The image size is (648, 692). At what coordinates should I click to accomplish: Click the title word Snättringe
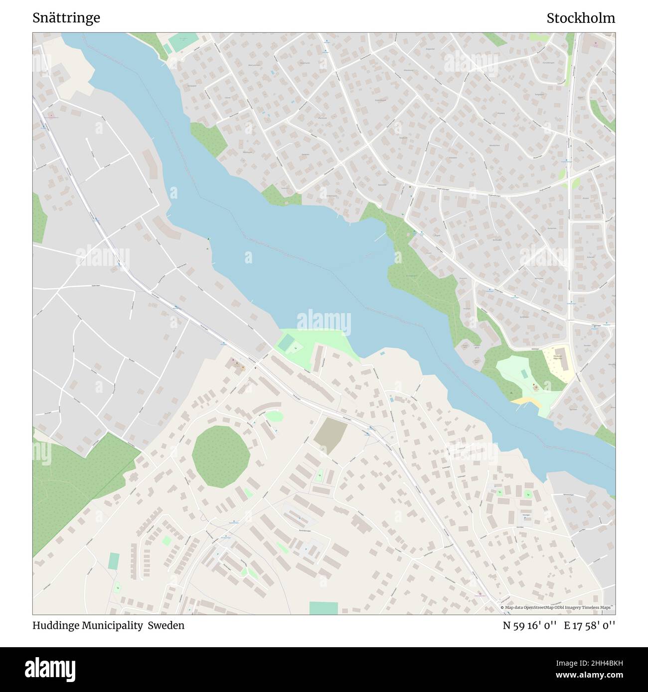[x=66, y=18]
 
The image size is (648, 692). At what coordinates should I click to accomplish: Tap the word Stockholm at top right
[x=580, y=18]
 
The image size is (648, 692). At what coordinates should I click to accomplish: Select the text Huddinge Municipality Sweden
[x=108, y=625]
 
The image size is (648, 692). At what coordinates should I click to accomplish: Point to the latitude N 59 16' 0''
[x=529, y=625]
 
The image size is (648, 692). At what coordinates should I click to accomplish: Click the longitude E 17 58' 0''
[x=590, y=625]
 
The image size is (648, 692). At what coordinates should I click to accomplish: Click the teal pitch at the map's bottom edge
[x=323, y=608]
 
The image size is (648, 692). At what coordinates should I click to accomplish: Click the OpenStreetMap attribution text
[x=557, y=607]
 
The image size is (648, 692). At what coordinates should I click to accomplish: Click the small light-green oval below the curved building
[x=273, y=416]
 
